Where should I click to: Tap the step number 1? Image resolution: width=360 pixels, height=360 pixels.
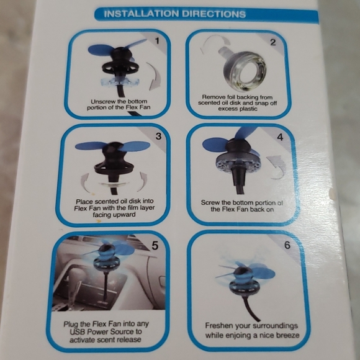point(157,41)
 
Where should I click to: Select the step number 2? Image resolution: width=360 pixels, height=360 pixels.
point(272,43)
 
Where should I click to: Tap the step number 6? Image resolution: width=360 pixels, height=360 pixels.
point(287,245)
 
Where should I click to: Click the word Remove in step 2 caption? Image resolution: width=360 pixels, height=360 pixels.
point(215,97)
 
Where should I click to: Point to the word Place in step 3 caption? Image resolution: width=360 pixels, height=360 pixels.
point(86,202)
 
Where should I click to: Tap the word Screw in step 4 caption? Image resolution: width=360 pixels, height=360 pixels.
point(212,202)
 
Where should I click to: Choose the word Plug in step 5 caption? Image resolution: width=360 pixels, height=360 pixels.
point(74,324)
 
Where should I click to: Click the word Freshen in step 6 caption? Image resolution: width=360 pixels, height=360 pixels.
point(221,325)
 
